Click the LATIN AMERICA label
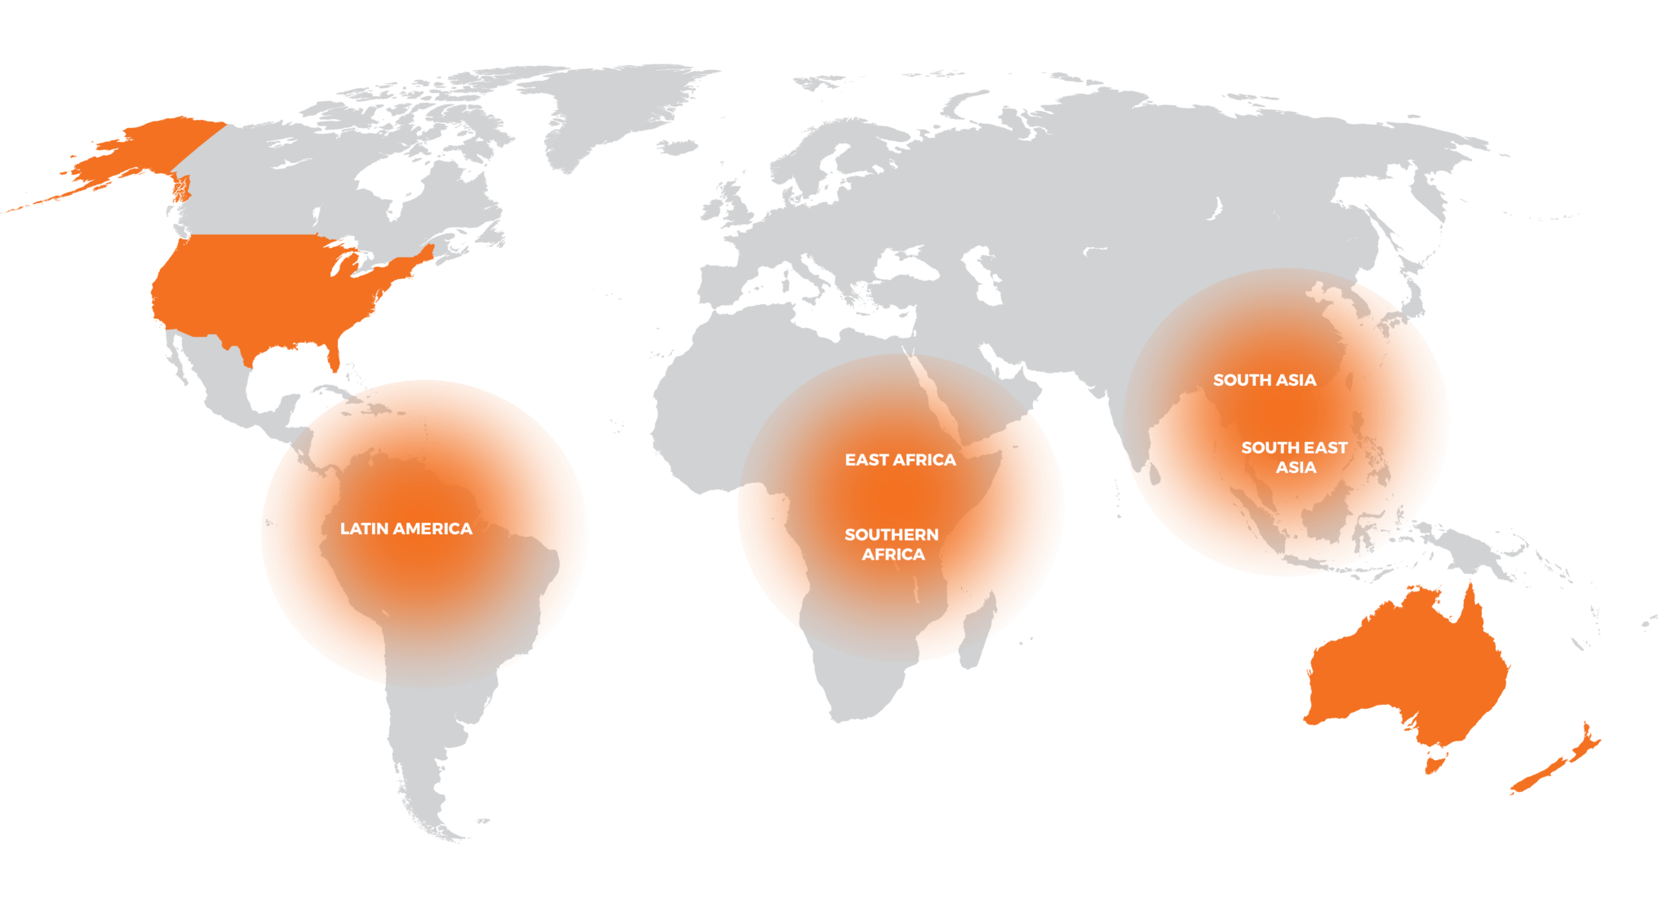(406, 529)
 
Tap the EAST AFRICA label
(900, 460)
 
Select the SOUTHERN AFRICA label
(892, 544)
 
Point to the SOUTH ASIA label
(1264, 380)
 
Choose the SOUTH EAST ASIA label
(1294, 458)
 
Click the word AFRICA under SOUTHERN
(893, 555)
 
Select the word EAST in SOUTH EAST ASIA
(1326, 448)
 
